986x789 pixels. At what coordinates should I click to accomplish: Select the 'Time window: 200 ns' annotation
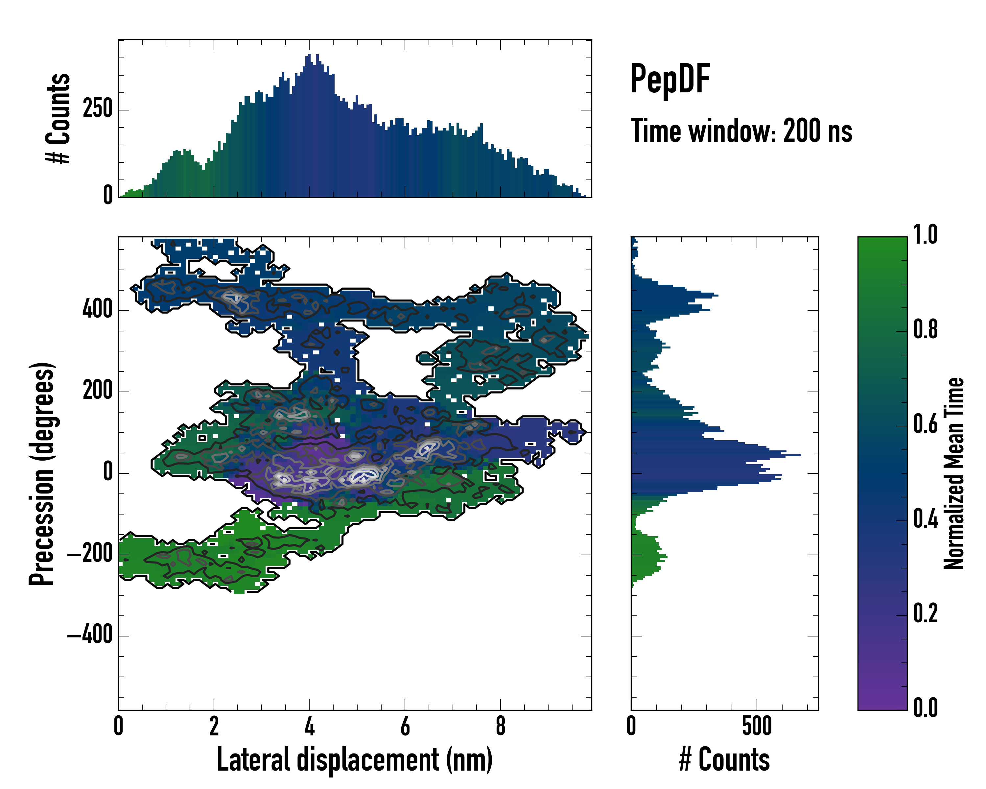(741, 131)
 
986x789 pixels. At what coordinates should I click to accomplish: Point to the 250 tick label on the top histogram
(97, 110)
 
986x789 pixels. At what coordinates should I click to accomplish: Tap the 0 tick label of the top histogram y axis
(107, 195)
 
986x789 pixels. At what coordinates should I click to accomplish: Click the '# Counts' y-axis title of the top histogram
(59, 118)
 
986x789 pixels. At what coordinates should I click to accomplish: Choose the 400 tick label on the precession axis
(97, 310)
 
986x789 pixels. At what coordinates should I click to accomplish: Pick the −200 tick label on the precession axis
(90, 554)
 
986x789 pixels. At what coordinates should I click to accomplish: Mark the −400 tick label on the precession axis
(90, 635)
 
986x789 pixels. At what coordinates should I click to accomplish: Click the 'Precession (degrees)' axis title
(42, 473)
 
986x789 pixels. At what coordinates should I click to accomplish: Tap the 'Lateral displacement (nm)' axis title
(354, 760)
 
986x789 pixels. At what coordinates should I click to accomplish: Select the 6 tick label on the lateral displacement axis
(405, 726)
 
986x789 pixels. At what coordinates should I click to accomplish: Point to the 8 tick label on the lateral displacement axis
(500, 726)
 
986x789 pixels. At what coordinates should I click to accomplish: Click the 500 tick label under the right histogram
(757, 726)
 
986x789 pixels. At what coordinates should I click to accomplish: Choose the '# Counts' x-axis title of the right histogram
(724, 760)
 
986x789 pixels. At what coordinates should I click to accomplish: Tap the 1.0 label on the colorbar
(925, 235)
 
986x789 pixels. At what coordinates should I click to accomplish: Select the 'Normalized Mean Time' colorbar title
(954, 473)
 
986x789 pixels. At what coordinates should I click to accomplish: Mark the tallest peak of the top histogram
(309, 55)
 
